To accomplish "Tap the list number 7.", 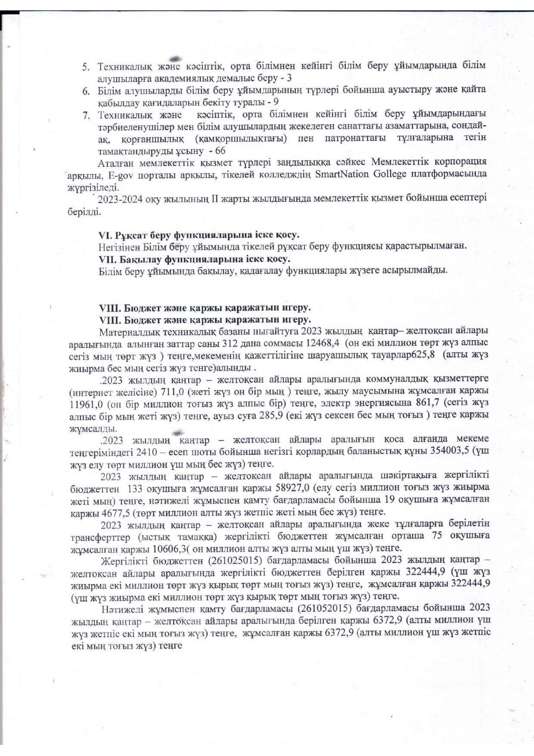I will (86, 116).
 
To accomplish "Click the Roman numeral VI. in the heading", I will (106, 235).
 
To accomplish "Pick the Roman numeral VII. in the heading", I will (108, 259).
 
